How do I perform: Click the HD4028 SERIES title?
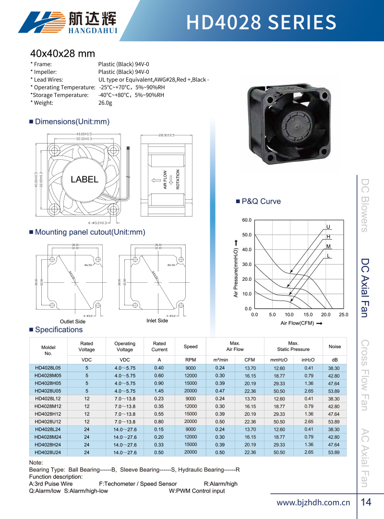pyautogui.click(x=261, y=22)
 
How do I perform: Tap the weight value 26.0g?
pyautogui.click(x=105, y=103)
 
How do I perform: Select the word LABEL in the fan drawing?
pyautogui.click(x=84, y=180)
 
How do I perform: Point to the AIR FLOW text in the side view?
pyautogui.click(x=165, y=180)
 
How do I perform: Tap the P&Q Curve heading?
pyautogui.click(x=261, y=201)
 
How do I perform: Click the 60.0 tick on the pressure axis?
pyautogui.click(x=247, y=220)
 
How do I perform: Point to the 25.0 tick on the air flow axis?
pyautogui.click(x=343, y=315)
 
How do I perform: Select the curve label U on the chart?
pyautogui.click(x=328, y=227)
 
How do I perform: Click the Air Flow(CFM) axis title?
pyautogui.click(x=298, y=324)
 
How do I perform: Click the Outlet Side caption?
pyautogui.click(x=72, y=321)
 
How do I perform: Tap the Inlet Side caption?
pyautogui.click(x=157, y=321)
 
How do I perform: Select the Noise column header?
pyautogui.click(x=335, y=347)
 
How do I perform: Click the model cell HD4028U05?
pyautogui.click(x=48, y=391)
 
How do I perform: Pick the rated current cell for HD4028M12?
pyautogui.click(x=159, y=406)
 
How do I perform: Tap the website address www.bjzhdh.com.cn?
pyautogui.click(x=314, y=503)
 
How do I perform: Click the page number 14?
pyautogui.click(x=366, y=503)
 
